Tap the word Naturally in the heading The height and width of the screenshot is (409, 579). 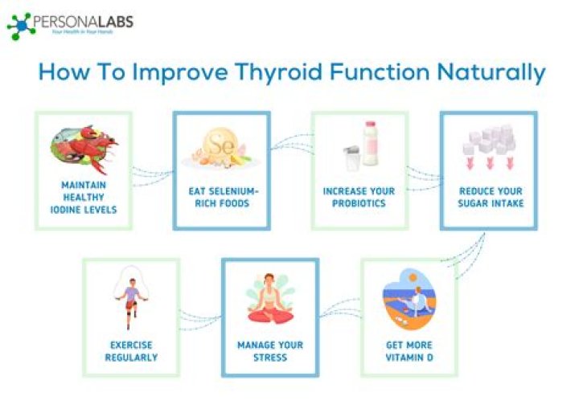[491, 72]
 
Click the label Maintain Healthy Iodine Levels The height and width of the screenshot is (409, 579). [83, 198]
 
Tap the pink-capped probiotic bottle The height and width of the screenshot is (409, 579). [370, 143]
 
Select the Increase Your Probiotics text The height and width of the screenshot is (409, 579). [359, 198]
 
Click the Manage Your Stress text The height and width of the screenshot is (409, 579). [269, 351]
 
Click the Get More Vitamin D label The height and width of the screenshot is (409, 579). [409, 351]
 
